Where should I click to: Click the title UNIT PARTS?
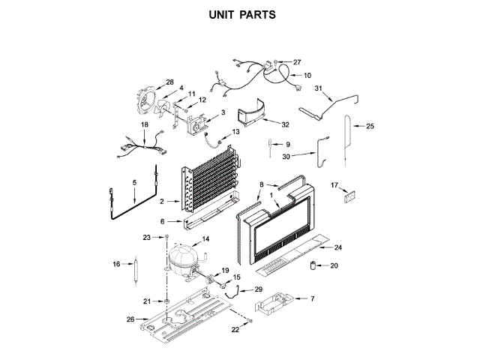[x=240, y=14]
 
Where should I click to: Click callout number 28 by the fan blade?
[x=169, y=82]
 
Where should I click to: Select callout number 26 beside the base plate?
[x=131, y=319]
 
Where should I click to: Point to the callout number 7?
[x=312, y=298]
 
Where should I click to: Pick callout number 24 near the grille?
[x=338, y=247]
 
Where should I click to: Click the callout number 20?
[x=334, y=265]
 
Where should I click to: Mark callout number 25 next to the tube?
[x=370, y=127]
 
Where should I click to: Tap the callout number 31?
[x=318, y=89]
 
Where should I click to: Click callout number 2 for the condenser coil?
[x=163, y=200]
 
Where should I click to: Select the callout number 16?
[x=116, y=264]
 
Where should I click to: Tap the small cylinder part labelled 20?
[x=315, y=266]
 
